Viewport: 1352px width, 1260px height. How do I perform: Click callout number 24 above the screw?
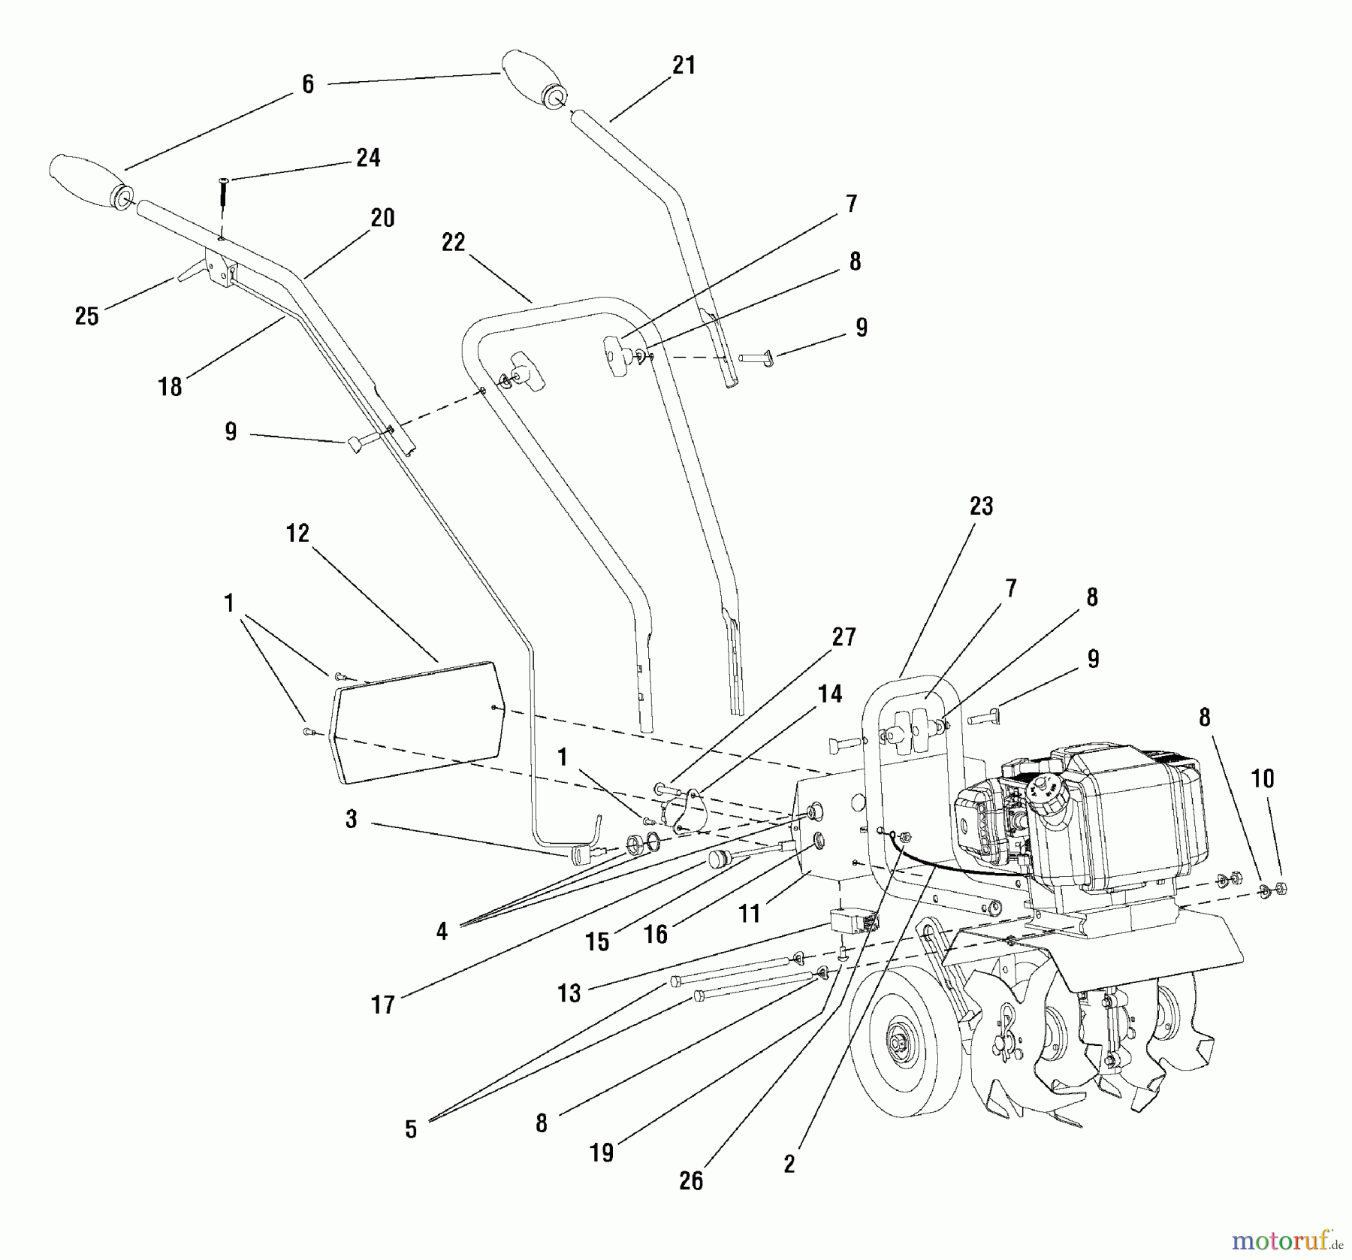pyautogui.click(x=367, y=158)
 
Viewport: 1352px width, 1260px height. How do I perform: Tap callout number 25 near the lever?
pyautogui.click(x=87, y=316)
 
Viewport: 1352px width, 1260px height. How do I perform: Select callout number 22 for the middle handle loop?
pyautogui.click(x=453, y=242)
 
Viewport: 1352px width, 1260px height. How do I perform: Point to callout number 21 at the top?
pyautogui.click(x=683, y=65)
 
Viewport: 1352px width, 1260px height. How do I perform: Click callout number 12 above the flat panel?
pyautogui.click(x=297, y=533)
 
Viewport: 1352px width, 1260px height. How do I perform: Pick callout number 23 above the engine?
pyautogui.click(x=981, y=506)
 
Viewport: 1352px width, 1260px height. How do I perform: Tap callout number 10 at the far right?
pyautogui.click(x=1263, y=778)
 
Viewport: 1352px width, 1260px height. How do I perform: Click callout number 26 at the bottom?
pyautogui.click(x=690, y=1181)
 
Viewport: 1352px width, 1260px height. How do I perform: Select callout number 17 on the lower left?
pyautogui.click(x=382, y=1005)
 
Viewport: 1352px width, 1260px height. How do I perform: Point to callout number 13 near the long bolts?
pyautogui.click(x=569, y=993)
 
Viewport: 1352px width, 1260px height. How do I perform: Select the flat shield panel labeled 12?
pyautogui.click(x=417, y=721)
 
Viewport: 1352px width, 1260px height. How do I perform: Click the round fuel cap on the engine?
pyautogui.click(x=1044, y=788)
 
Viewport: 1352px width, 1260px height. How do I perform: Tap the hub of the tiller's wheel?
pyautogui.click(x=897, y=1045)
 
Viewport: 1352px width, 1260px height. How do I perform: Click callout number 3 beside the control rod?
pyautogui.click(x=351, y=819)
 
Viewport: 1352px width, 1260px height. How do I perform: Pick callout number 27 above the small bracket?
pyautogui.click(x=843, y=637)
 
